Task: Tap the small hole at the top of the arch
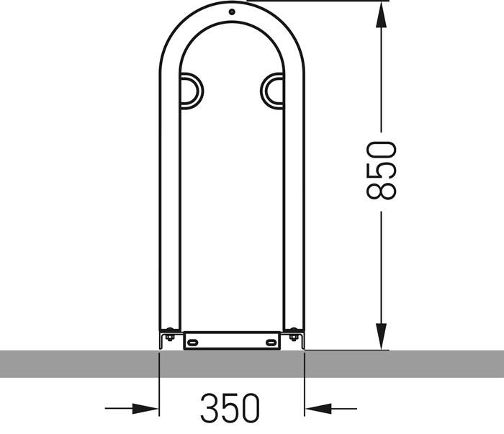(231, 12)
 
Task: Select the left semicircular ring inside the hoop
(192, 91)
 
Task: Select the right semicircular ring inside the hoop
(271, 91)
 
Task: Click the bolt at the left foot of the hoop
(170, 334)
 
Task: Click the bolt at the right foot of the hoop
(293, 334)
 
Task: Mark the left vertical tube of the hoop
(170, 202)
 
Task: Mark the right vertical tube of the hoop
(294, 202)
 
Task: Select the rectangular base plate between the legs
(231, 340)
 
